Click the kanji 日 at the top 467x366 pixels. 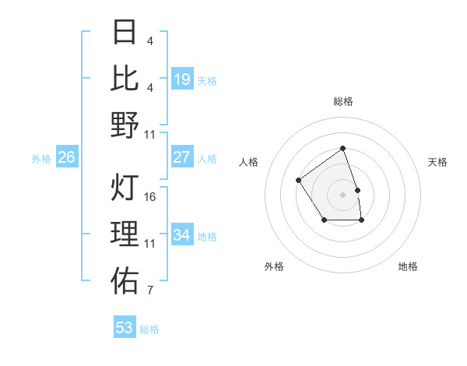(x=125, y=33)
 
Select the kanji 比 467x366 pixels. (x=125, y=79)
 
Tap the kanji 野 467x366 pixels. (x=125, y=125)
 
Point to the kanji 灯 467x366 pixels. (x=125, y=188)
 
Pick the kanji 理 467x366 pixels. (x=125, y=234)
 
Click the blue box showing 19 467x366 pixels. (x=182, y=79)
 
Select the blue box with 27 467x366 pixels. (x=182, y=157)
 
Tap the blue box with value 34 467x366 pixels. (x=182, y=235)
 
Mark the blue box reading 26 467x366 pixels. (x=67, y=158)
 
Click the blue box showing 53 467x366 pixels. (x=125, y=328)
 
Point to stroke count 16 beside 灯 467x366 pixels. (x=150, y=197)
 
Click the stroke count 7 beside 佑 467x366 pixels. (x=150, y=291)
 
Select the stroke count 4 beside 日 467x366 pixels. (x=150, y=40)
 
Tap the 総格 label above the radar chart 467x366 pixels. (x=342, y=101)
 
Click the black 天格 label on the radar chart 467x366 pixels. (x=437, y=162)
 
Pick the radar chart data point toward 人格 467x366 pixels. (x=299, y=181)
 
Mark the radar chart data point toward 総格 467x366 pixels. (x=342, y=148)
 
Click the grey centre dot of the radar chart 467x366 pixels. (x=342, y=194)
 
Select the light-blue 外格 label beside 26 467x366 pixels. (x=41, y=159)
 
